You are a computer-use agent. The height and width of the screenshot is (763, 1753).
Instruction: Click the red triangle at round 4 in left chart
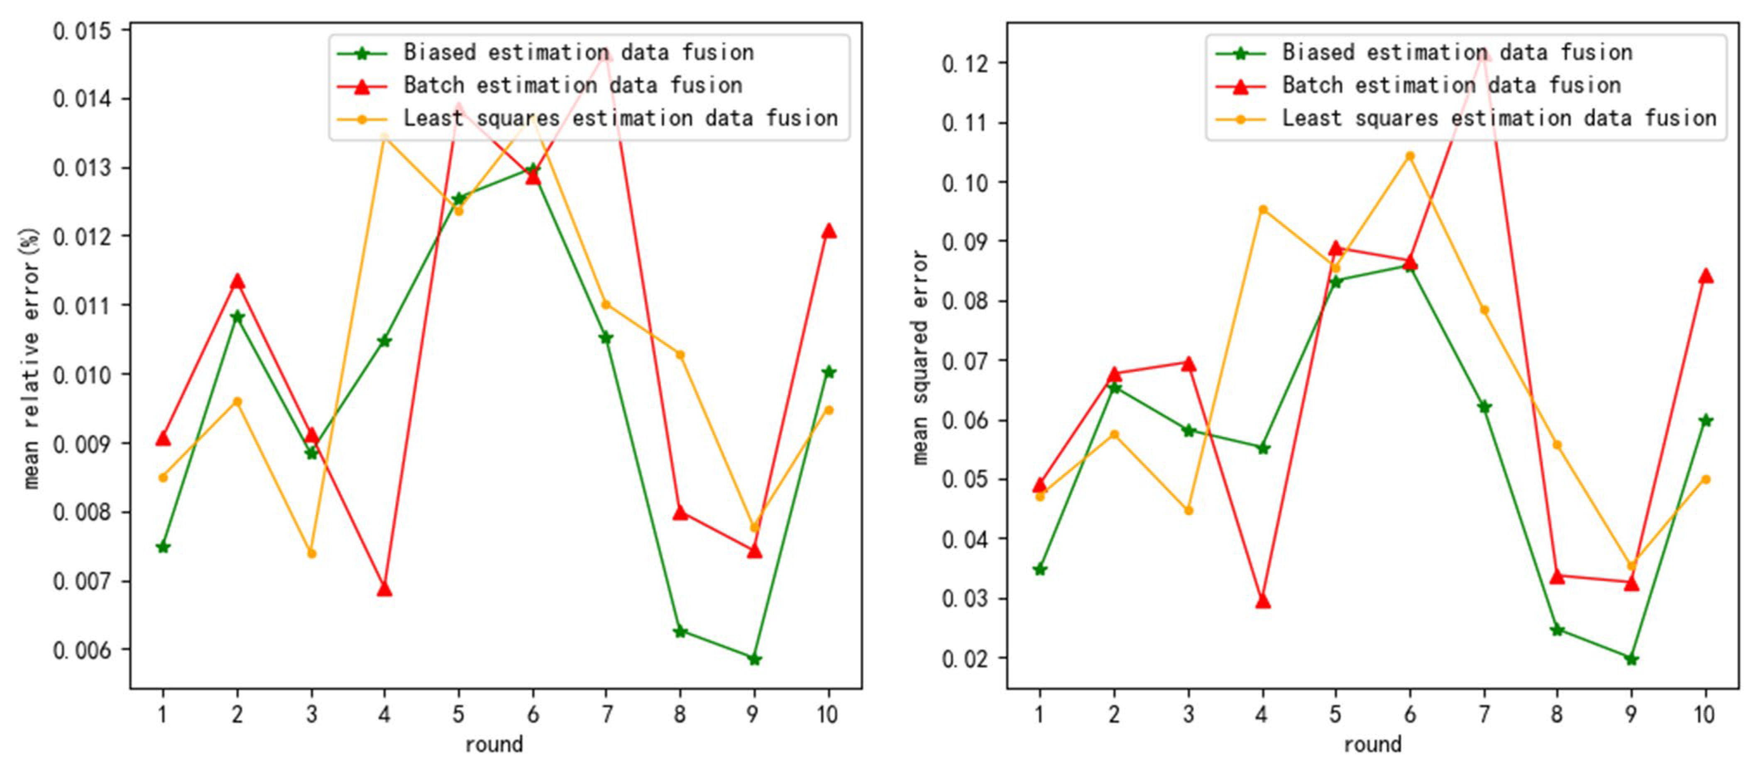(384, 589)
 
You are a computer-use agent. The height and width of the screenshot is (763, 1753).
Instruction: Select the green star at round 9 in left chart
(754, 659)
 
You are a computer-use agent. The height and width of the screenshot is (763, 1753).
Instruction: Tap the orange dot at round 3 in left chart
(312, 553)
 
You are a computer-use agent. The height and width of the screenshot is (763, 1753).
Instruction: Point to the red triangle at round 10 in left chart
(828, 231)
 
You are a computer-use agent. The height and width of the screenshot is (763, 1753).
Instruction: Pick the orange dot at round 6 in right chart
(1410, 156)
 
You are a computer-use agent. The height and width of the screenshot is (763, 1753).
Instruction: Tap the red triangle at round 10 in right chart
(1705, 276)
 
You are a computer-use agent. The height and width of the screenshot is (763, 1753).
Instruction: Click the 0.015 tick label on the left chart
(82, 31)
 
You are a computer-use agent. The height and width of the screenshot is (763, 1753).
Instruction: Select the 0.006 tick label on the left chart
(82, 650)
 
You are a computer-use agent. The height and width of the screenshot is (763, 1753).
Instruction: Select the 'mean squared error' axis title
(919, 357)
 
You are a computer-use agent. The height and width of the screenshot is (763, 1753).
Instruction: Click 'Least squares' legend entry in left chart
(620, 118)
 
